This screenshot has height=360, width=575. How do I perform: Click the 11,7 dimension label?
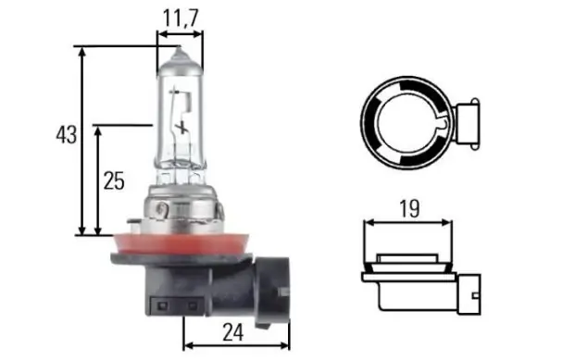[x=180, y=18]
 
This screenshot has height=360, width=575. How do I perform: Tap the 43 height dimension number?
[x=67, y=134]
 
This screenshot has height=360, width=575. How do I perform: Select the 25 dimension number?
[x=114, y=180]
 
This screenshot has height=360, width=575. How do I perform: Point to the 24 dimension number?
[x=232, y=332]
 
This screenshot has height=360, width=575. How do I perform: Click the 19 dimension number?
[x=409, y=208]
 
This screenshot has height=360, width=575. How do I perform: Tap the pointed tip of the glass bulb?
[x=180, y=47]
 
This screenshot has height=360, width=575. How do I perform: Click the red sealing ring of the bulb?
[x=181, y=244]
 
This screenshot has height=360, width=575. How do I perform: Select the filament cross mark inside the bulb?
[x=181, y=128]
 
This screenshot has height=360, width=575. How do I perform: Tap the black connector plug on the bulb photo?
[x=272, y=291]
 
